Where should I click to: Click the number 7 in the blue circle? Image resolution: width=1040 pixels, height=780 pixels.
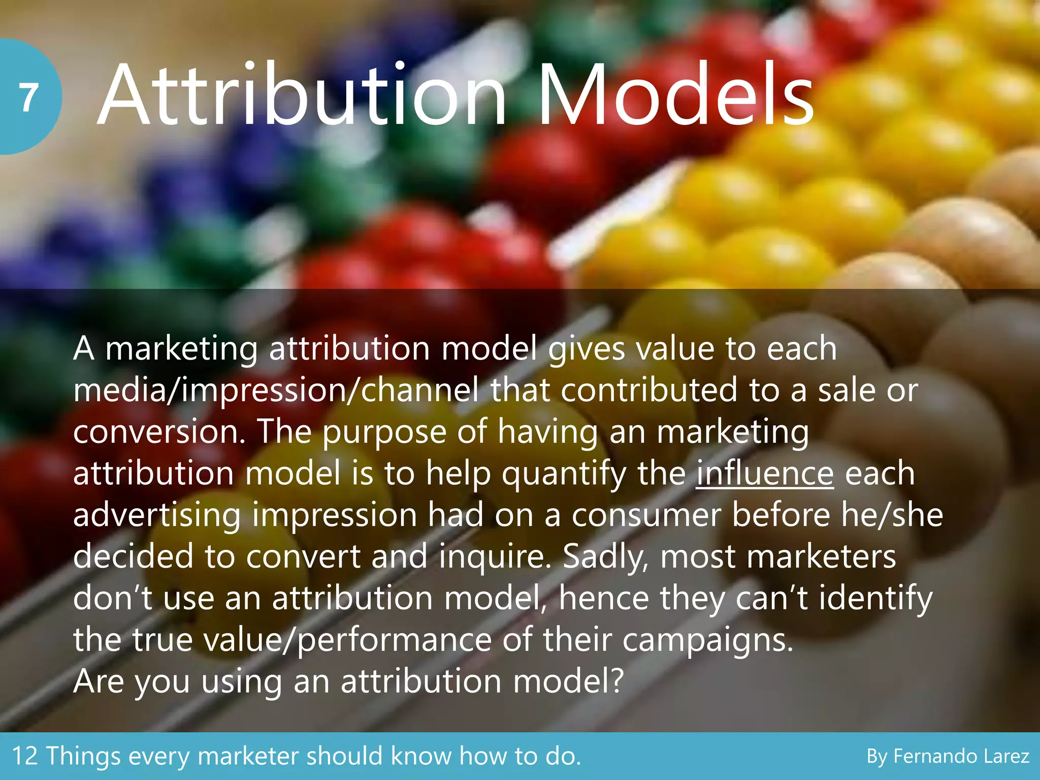(29, 97)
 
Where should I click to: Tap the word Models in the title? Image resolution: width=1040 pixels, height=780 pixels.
(676, 95)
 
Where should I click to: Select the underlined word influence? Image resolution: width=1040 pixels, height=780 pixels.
(764, 473)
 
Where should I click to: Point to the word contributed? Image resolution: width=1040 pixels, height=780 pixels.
(649, 391)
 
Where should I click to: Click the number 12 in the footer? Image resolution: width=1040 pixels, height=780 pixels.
(25, 756)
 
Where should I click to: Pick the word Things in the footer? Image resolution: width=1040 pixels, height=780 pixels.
(83, 756)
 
